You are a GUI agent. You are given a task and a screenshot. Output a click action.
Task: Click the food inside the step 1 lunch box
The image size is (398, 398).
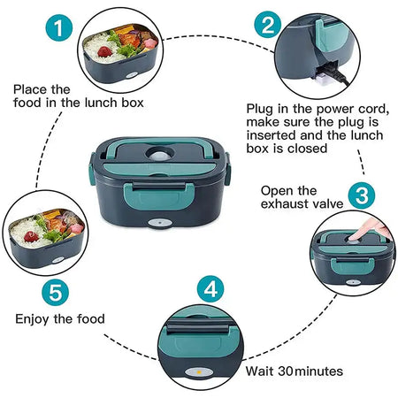tap(124, 42)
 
